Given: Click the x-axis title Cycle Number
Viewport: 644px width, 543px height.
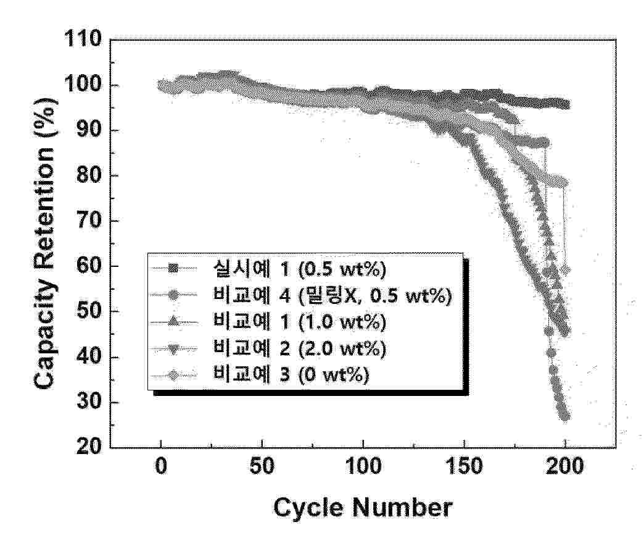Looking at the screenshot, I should click(363, 508).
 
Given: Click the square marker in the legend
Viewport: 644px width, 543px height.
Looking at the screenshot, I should click(174, 268).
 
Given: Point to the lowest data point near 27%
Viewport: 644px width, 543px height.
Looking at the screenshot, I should click(564, 417).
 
